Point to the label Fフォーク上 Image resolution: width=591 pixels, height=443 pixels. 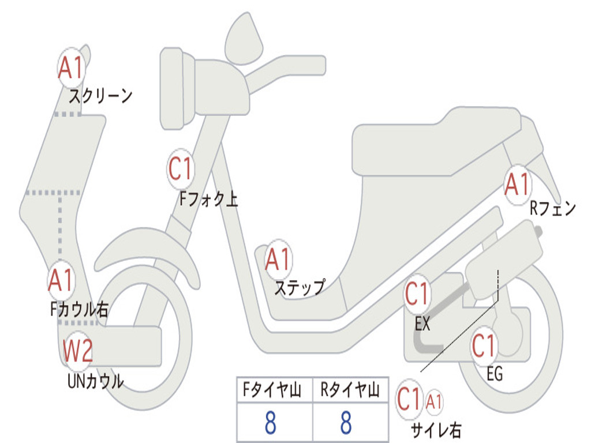(208, 199)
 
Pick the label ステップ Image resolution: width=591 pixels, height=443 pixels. (300, 287)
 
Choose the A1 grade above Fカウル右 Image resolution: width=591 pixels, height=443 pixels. (61, 280)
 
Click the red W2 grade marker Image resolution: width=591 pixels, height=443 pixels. (78, 351)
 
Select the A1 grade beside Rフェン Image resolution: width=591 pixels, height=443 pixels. (517, 185)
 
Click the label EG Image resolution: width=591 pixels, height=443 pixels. (495, 374)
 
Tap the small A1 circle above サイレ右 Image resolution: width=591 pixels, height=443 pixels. (434, 400)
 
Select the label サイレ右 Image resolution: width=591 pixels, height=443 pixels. (436, 429)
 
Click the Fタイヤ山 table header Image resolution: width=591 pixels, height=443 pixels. (274, 392)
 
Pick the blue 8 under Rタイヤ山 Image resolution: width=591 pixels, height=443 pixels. (346, 423)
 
